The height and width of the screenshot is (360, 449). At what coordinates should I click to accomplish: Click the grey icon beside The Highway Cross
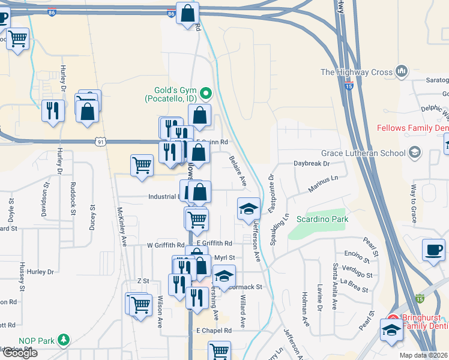tap(402, 73)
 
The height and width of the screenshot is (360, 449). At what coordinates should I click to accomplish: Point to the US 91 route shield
tap(100, 142)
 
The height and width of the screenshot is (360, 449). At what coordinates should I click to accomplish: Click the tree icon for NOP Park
tap(63, 341)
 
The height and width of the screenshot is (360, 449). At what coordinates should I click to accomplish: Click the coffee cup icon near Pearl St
tap(433, 250)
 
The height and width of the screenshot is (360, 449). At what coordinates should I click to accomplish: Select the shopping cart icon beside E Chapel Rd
tap(219, 350)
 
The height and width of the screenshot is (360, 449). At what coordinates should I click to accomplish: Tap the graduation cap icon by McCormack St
tap(224, 277)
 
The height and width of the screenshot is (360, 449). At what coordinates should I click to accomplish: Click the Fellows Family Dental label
tap(412, 128)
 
